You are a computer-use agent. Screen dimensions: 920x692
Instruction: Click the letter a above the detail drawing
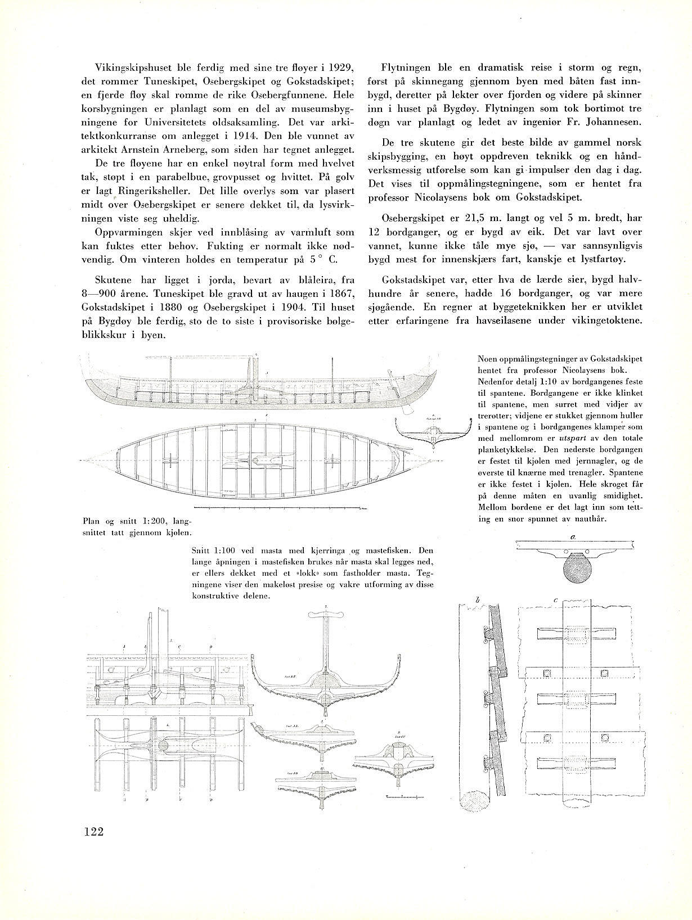[x=572, y=537]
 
